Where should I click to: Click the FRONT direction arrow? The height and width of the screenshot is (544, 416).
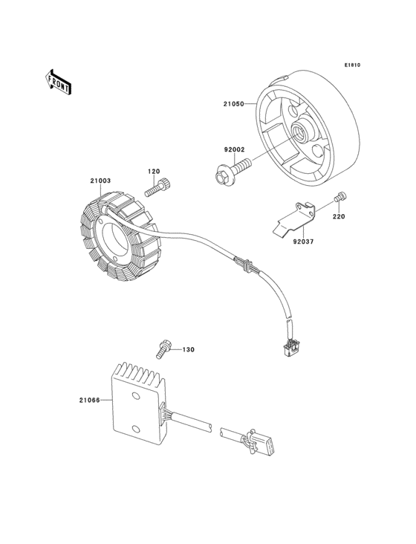[58, 82]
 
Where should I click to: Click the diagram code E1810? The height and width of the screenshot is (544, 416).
[352, 65]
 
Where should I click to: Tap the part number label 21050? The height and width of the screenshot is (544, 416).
[233, 103]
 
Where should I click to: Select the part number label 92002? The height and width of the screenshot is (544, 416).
[234, 149]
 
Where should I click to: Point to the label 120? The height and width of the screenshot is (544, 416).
[154, 172]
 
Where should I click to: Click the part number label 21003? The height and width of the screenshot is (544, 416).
[100, 181]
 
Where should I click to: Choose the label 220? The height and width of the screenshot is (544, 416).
[339, 216]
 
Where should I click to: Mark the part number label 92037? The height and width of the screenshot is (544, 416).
[303, 242]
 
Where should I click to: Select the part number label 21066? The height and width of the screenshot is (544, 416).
[89, 400]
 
